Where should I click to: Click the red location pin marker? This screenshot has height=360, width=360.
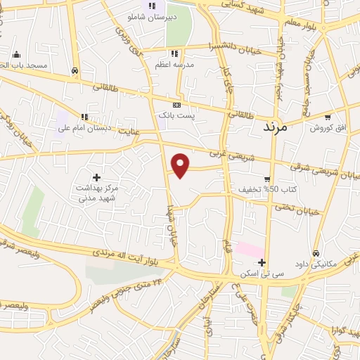click(181, 165)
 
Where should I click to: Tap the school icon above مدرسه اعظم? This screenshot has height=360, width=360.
click(174, 53)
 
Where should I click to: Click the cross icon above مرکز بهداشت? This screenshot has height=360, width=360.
click(96, 177)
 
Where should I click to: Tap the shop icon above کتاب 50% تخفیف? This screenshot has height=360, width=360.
click(267, 179)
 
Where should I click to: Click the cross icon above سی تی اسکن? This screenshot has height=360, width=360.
click(262, 262)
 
